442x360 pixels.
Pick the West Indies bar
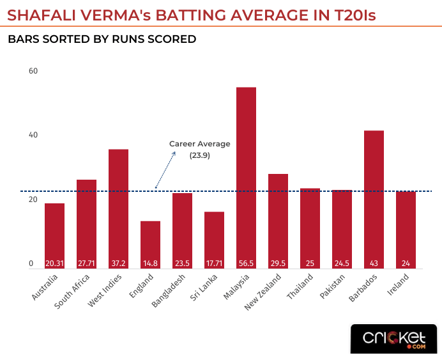118,205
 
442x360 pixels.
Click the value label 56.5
246,263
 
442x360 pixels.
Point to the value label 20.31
54,263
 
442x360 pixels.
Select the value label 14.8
150,263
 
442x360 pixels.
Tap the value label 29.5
278,263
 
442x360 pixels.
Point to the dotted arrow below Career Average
165,169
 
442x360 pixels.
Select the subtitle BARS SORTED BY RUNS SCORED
102,40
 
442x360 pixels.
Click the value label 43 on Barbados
374,263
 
